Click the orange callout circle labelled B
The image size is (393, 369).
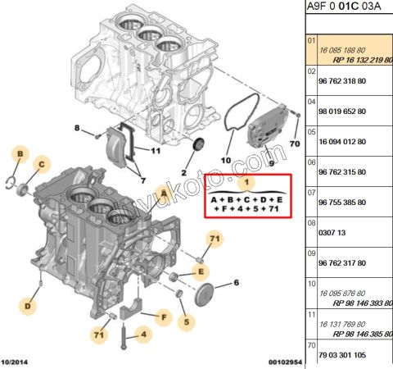[20, 153]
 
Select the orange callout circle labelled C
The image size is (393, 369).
[38, 165]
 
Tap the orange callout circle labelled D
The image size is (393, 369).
[27, 307]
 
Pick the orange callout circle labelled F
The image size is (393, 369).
[164, 316]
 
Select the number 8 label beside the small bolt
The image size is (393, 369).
[77, 129]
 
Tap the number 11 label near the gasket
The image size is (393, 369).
[156, 151]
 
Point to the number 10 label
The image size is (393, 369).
[227, 161]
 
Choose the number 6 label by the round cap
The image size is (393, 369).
[237, 283]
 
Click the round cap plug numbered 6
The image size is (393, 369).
[206, 296]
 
